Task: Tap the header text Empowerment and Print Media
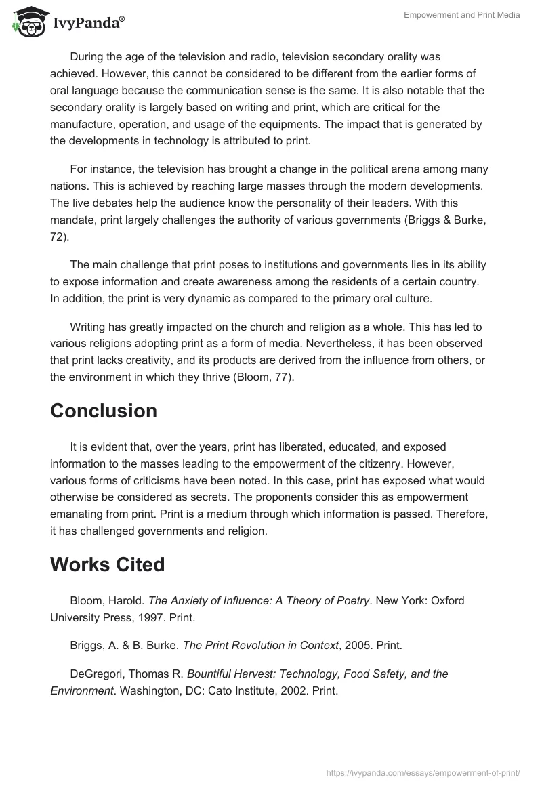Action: [x=461, y=16]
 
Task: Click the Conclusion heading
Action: [x=104, y=411]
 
